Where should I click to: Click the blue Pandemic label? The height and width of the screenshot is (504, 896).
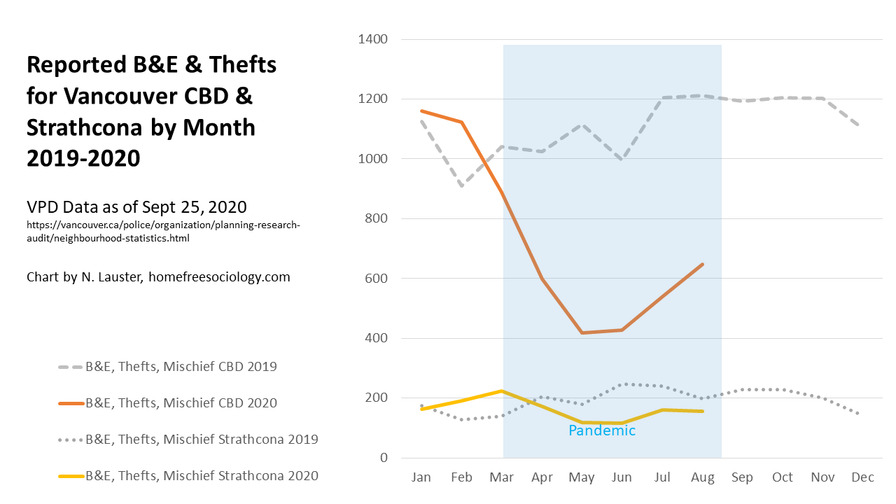[x=602, y=430]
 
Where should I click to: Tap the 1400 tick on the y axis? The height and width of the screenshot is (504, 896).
[x=373, y=39]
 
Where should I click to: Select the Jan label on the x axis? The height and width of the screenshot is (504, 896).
[x=421, y=477]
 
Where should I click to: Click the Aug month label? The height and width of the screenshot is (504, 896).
[x=702, y=477]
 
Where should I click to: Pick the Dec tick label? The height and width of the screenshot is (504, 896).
[x=863, y=477]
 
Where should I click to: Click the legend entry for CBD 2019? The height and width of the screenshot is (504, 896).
[x=181, y=366]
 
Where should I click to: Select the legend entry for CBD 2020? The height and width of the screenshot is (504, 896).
[x=181, y=403]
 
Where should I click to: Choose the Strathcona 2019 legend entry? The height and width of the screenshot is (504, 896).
[x=202, y=440]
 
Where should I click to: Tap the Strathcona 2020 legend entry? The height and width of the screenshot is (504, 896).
[x=202, y=476]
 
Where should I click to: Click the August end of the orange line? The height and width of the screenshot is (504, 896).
[x=702, y=264]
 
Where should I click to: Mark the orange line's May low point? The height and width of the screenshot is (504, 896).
[x=582, y=332]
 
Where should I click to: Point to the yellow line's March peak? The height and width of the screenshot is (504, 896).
[x=502, y=391]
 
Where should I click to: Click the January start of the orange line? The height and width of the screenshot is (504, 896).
[x=421, y=111]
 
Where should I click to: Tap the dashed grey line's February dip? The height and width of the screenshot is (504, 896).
[x=462, y=186]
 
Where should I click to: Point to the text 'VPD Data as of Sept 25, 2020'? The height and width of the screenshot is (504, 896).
[x=136, y=207]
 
